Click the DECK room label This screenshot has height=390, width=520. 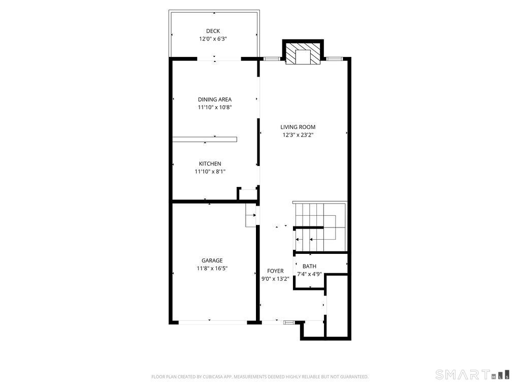(x=213, y=31)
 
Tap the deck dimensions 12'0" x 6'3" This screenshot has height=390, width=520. (x=213, y=39)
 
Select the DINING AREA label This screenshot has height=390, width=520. (x=215, y=99)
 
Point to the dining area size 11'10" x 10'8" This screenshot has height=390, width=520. (x=215, y=107)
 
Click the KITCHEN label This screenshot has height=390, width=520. (x=210, y=164)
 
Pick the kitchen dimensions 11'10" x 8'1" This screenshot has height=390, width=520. (x=210, y=172)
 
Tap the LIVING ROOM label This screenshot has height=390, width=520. (x=298, y=126)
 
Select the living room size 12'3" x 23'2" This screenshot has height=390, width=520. (x=298, y=135)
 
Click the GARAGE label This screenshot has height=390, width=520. (x=212, y=261)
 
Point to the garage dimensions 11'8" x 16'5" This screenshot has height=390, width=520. (x=212, y=268)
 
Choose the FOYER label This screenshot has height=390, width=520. (x=275, y=271)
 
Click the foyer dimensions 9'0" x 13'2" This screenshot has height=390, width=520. (x=275, y=279)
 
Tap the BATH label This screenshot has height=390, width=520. (x=309, y=266)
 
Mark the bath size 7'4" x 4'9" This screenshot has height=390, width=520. (x=309, y=274)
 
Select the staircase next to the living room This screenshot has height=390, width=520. (x=320, y=227)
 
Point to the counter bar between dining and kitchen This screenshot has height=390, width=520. (x=205, y=139)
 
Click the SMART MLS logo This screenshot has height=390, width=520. (x=472, y=374)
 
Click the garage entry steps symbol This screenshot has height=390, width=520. (x=251, y=215)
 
